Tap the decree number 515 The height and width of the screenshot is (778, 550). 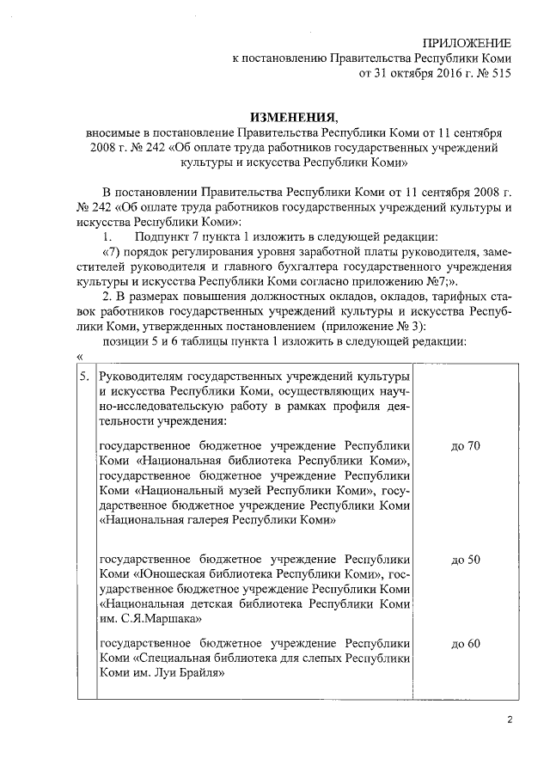click(500, 73)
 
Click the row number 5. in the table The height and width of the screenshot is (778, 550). click(83, 377)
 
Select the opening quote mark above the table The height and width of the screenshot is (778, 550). click(79, 358)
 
